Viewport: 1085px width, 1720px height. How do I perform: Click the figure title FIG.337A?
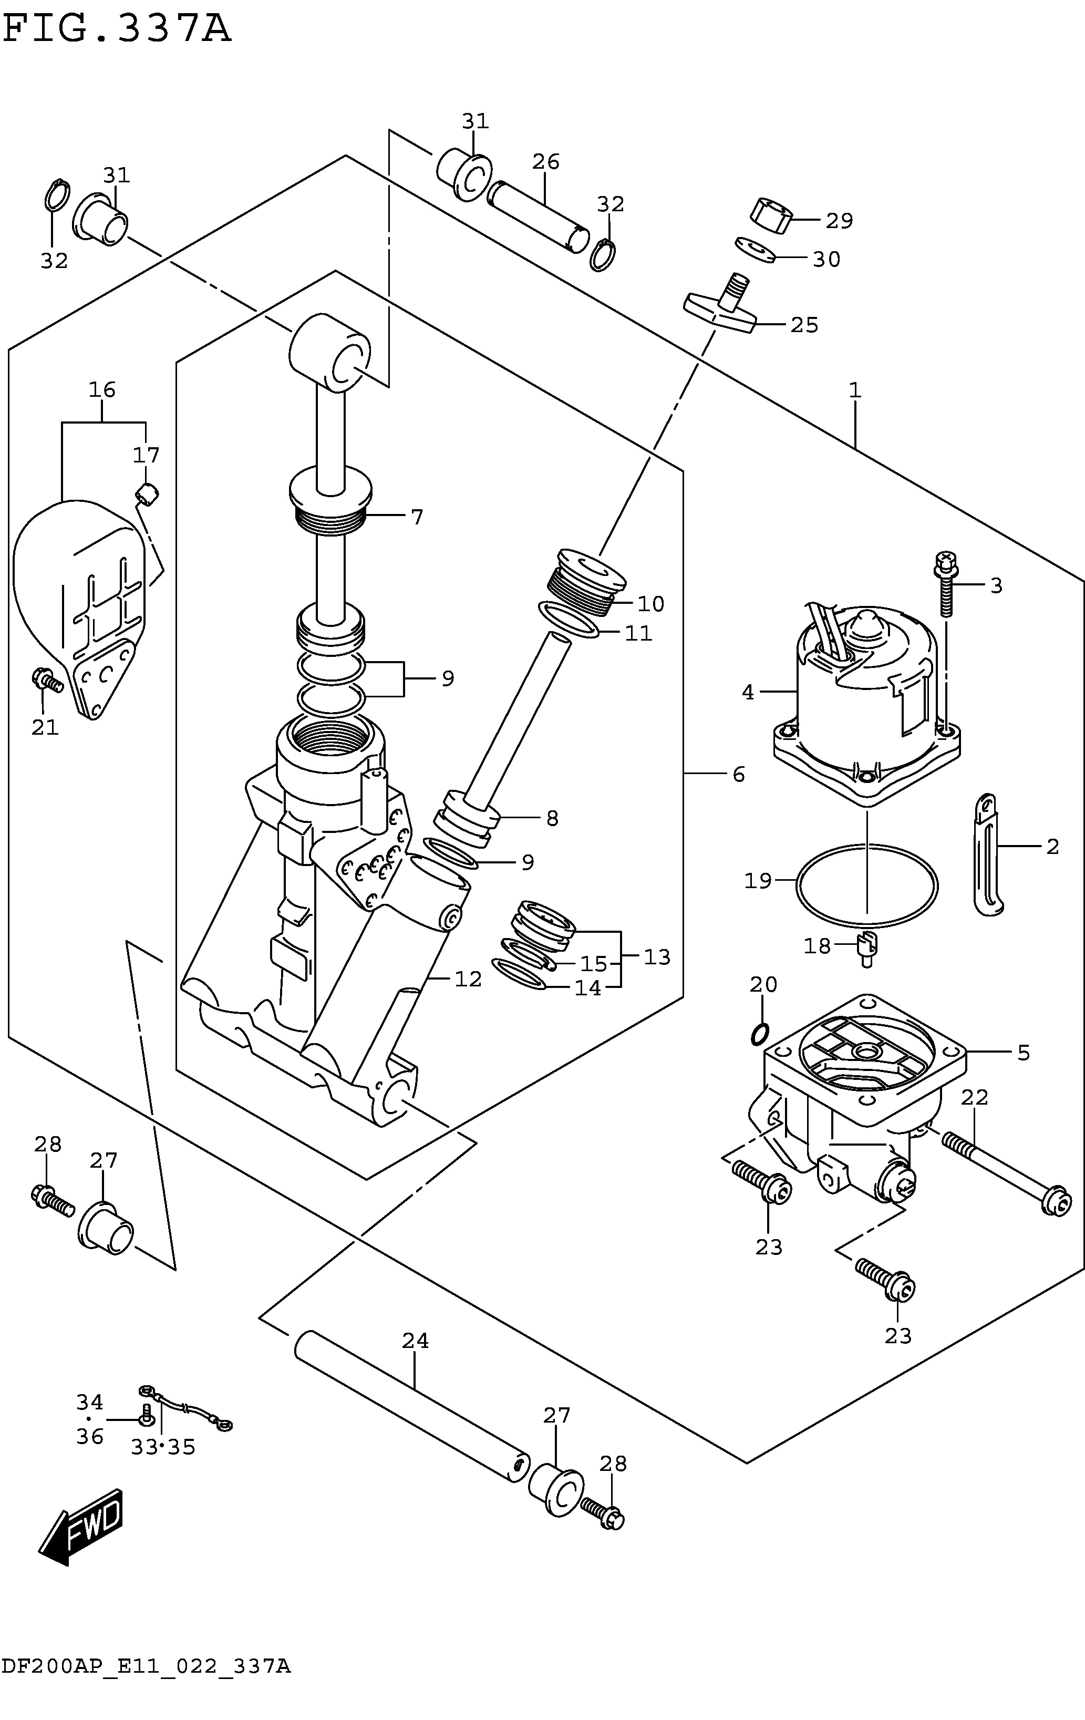[x=117, y=30]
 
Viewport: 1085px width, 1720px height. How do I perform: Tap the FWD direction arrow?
[x=81, y=1527]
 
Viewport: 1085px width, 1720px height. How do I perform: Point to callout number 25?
[x=804, y=325]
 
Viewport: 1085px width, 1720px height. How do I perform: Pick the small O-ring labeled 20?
[x=761, y=1033]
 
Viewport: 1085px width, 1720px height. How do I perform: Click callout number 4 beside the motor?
[x=748, y=692]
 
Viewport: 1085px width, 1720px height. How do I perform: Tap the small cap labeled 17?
[x=147, y=493]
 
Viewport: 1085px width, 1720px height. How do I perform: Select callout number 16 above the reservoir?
[x=102, y=390]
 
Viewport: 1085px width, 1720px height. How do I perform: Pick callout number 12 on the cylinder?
[x=469, y=979]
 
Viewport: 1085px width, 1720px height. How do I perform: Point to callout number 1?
[x=855, y=390]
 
